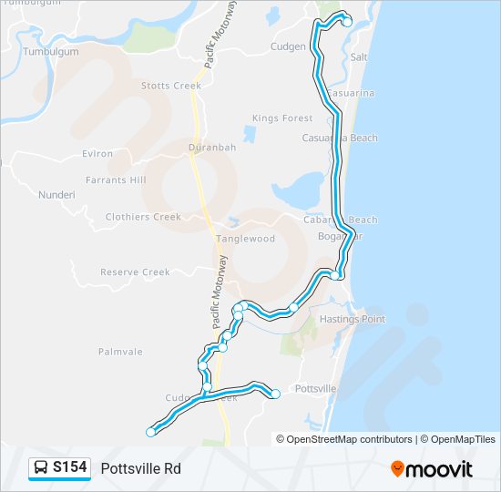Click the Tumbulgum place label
51,52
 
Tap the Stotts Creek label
170,86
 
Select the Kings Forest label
282,118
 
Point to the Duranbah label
212,147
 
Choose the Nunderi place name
56,195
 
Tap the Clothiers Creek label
143,217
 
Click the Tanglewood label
246,239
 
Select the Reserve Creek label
135,272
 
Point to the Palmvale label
120,350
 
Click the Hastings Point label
353,319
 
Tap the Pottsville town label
317,388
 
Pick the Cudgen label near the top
288,46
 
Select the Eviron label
97,154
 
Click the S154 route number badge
70,468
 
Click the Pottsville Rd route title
140,468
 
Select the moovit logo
432,468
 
